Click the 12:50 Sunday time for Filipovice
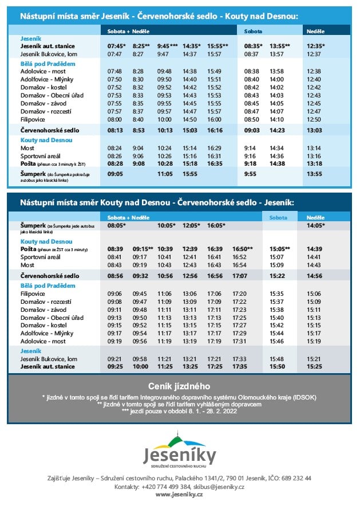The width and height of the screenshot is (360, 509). [314, 119]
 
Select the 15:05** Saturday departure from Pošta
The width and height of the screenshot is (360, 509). [279, 249]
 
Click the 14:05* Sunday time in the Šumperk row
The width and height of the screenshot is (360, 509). [315, 225]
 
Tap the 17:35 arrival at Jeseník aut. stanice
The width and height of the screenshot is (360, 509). [240, 366]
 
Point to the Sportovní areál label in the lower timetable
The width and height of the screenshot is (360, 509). [41, 257]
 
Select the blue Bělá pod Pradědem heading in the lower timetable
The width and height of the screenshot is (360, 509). [48, 285]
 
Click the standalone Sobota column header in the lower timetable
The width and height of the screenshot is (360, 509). [278, 218]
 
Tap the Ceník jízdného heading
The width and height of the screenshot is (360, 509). [179, 386]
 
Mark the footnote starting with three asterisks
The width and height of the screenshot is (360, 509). [179, 411]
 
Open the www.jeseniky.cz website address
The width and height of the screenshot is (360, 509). [180, 495]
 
